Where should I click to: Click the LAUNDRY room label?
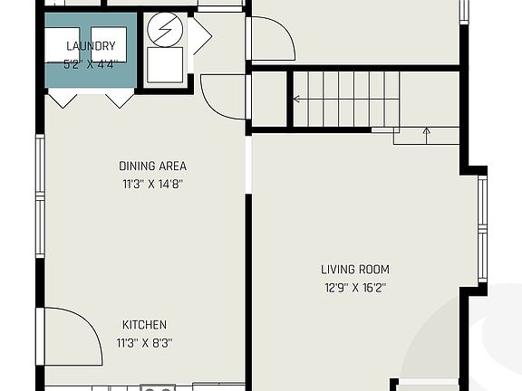click(91, 46)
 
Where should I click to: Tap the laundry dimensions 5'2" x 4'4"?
click(91, 64)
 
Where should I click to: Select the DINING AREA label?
click(152, 166)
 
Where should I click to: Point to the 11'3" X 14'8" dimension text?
click(152, 184)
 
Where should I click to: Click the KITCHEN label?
click(145, 324)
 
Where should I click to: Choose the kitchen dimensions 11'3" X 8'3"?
click(145, 343)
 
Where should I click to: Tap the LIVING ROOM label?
click(355, 269)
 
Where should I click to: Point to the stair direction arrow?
click(426, 136)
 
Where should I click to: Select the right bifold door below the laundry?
click(118, 99)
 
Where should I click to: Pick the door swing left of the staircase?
click(223, 97)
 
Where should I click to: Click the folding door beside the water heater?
click(200, 36)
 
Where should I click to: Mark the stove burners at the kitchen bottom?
click(156, 387)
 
